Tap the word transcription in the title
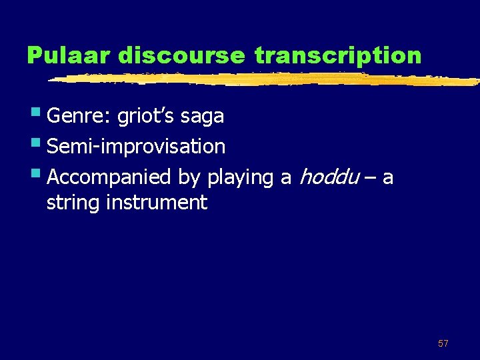[338, 55]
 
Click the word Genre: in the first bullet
[79, 117]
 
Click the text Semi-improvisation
[136, 147]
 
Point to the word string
[73, 203]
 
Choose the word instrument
[157, 202]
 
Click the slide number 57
[443, 343]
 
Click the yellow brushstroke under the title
[267, 79]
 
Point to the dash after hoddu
[369, 178]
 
